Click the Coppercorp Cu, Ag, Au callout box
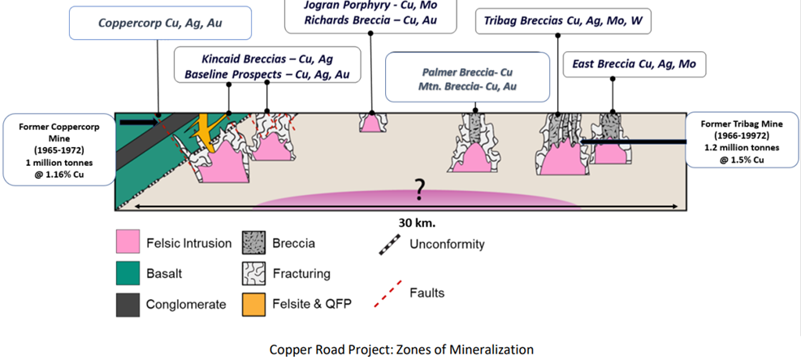tap(159, 24)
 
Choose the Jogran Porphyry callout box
tap(370, 11)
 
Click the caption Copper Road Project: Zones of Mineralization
tap(402, 349)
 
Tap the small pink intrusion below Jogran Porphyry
tap(371, 124)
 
